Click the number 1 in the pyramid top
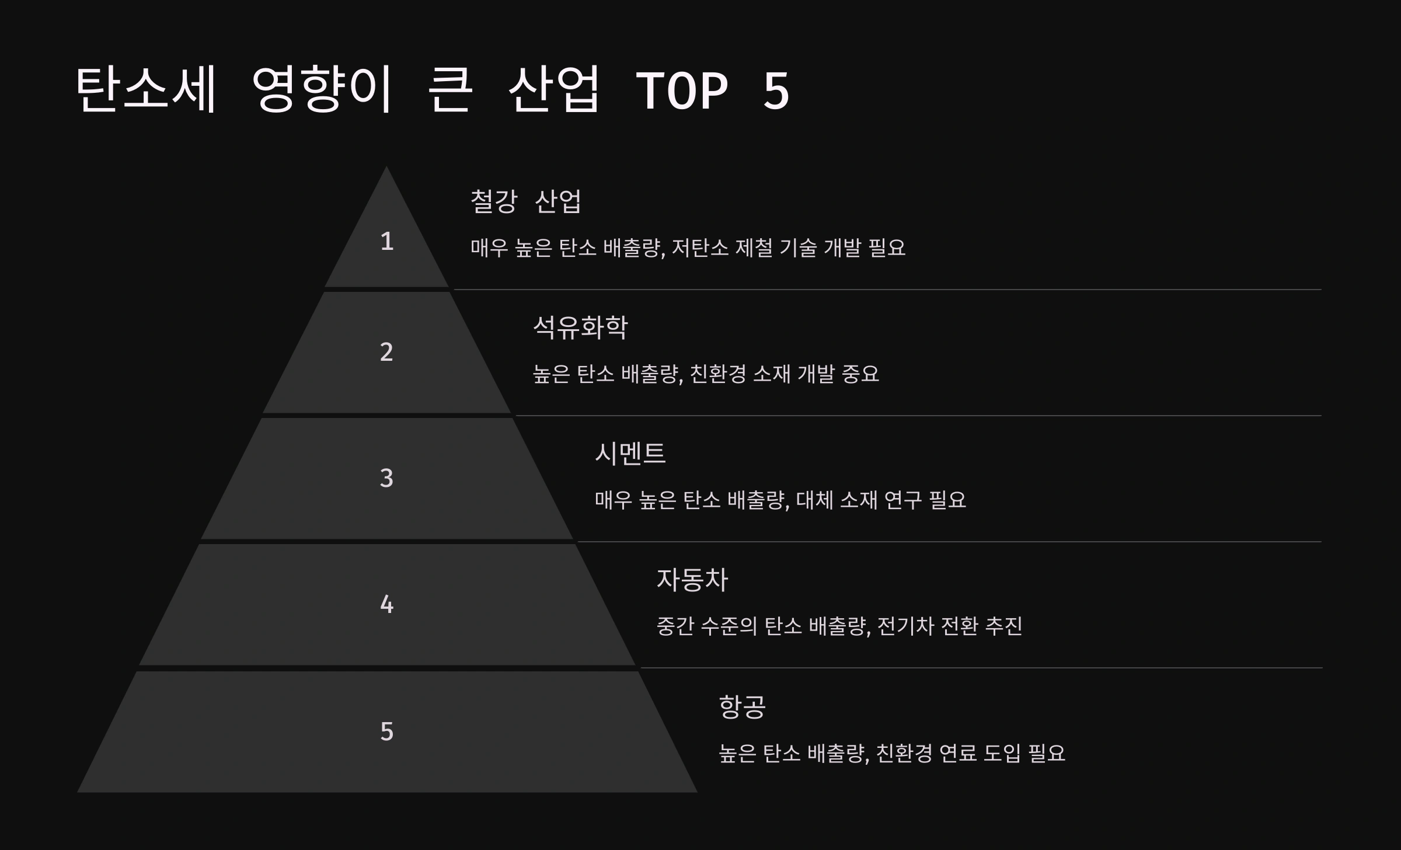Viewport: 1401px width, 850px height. pos(386,241)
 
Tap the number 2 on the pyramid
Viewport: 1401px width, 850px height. pos(386,352)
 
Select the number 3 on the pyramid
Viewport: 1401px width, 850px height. pos(386,478)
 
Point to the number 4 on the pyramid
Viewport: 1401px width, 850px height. pos(386,604)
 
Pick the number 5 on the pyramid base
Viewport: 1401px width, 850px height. pos(386,731)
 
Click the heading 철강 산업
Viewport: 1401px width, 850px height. pos(525,201)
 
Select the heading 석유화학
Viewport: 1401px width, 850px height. pos(580,328)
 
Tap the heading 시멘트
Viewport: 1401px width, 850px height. pos(630,454)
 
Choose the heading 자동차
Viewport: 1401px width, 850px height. pos(692,580)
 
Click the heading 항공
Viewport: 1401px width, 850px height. pos(742,706)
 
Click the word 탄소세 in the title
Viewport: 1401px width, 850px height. pos(146,89)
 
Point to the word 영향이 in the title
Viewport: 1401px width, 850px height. pos(322,89)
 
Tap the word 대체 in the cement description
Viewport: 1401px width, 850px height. pos(814,500)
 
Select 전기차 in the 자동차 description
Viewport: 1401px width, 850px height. pos(906,626)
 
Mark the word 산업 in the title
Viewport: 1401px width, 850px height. pos(554,89)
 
